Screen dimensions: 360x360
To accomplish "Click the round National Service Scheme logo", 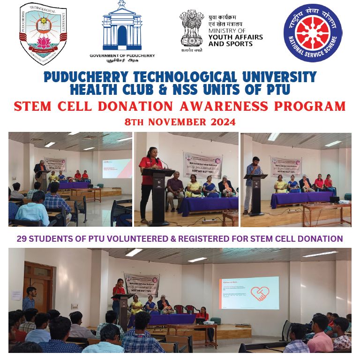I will [x=313, y=32].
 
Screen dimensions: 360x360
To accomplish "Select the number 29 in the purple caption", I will [x=22, y=239].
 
